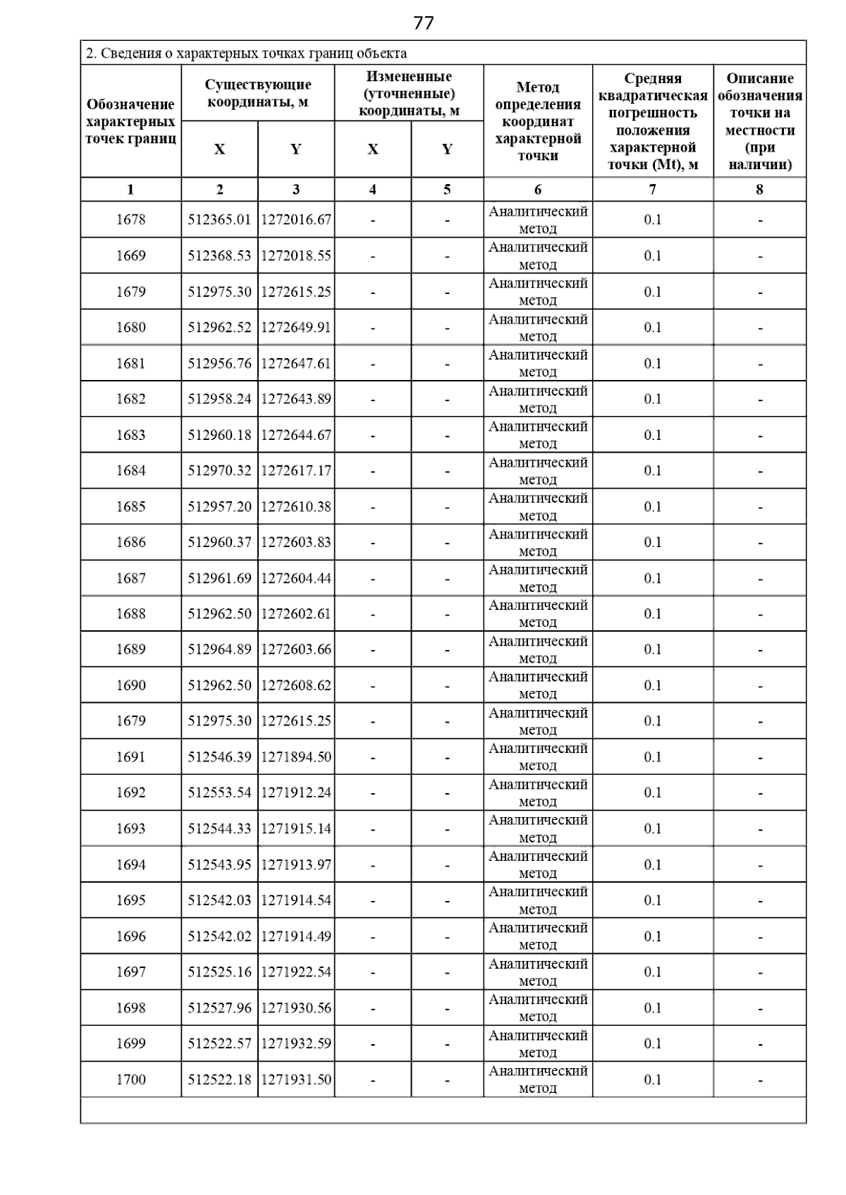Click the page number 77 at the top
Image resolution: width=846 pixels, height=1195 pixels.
click(423, 23)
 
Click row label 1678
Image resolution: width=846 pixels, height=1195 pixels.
click(130, 220)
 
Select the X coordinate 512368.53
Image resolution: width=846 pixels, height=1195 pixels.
click(219, 256)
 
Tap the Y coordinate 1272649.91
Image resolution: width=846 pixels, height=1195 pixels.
click(296, 328)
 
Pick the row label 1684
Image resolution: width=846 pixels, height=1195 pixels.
click(130, 471)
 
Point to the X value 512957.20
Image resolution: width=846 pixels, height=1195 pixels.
click(219, 507)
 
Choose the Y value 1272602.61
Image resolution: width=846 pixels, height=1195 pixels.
click(296, 614)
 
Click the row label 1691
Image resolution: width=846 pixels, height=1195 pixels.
click(130, 757)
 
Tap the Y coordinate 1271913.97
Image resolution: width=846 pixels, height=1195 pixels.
click(296, 865)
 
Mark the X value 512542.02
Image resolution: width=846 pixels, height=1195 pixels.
click(219, 937)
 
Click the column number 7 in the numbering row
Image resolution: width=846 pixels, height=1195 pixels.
click(652, 190)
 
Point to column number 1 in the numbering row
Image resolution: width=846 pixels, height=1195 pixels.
click(130, 190)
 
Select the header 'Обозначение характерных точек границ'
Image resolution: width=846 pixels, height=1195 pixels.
click(130, 121)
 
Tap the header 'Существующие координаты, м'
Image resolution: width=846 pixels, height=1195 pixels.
click(258, 93)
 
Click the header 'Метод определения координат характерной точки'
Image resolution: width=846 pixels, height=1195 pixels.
click(538, 121)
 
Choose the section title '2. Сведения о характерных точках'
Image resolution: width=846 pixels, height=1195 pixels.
click(246, 54)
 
